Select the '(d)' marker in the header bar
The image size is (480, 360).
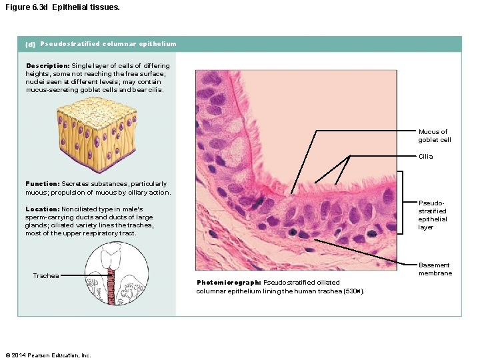(30, 45)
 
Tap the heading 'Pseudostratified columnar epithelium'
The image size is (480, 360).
(109, 45)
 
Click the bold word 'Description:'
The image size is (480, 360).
(47, 66)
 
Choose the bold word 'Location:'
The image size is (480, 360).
(43, 209)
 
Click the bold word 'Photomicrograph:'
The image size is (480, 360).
(228, 283)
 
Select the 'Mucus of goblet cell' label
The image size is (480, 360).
(434, 136)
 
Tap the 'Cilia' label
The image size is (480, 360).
(425, 157)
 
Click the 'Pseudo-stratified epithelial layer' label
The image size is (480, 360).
(432, 215)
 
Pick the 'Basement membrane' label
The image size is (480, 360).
(435, 269)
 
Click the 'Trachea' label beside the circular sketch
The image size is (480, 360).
(46, 276)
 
